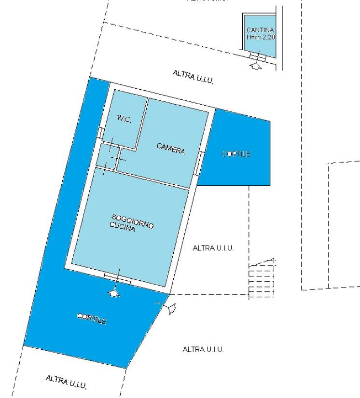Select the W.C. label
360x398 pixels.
pyautogui.click(x=124, y=119)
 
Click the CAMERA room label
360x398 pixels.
pyautogui.click(x=171, y=149)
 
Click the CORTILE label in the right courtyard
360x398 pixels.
pyautogui.click(x=236, y=154)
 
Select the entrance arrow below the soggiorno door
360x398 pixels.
pyautogui.click(x=114, y=292)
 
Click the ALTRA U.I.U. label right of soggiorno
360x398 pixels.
pyautogui.click(x=213, y=248)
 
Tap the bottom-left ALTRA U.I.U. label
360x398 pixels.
pyautogui.click(x=66, y=382)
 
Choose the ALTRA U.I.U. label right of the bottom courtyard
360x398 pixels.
pyautogui.click(x=203, y=349)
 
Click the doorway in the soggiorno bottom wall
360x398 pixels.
pyautogui.click(x=118, y=277)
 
